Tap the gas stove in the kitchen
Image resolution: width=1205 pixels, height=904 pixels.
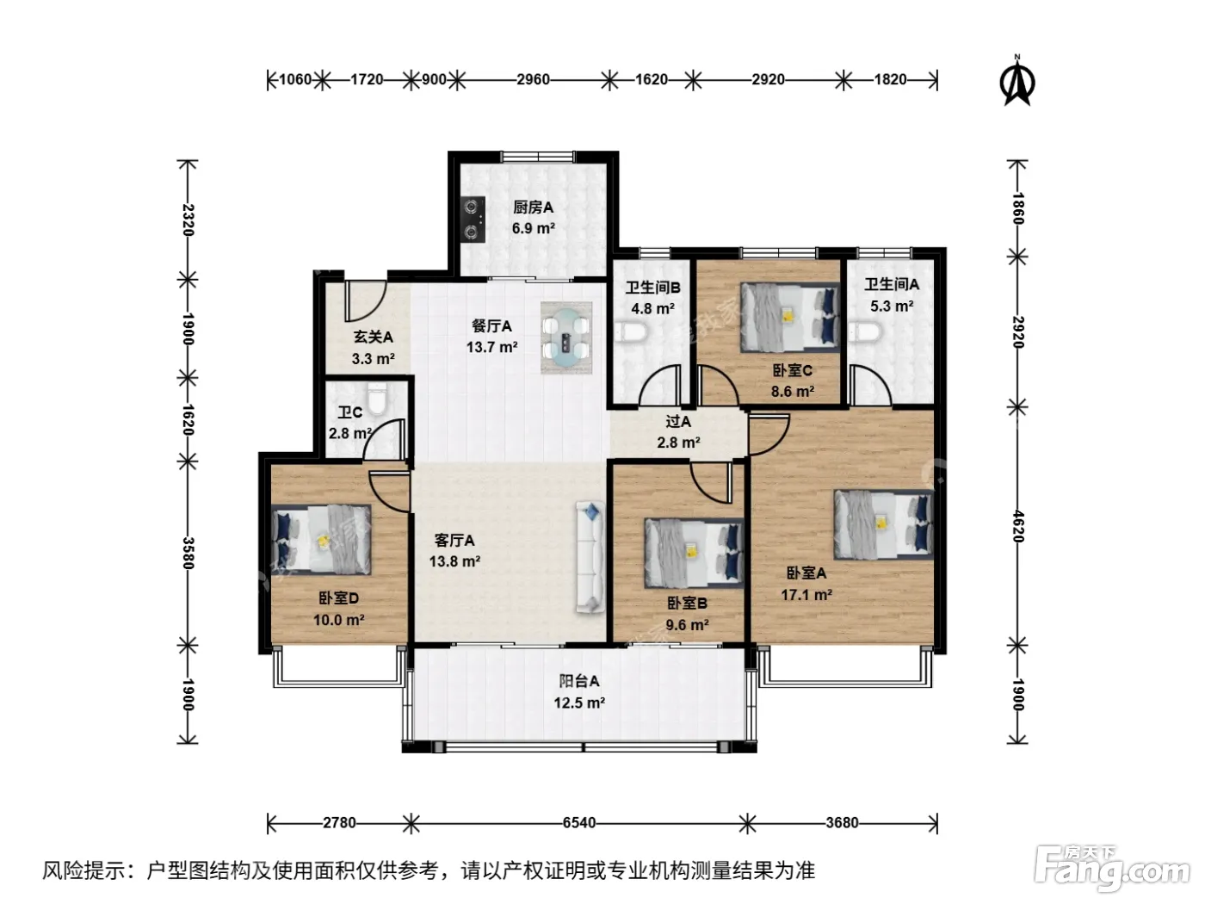pyautogui.click(x=473, y=220)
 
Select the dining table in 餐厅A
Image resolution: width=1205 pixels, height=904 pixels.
pyautogui.click(x=566, y=337)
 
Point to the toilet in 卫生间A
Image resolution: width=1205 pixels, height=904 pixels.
pyautogui.click(x=865, y=331)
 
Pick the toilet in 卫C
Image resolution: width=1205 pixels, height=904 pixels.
pyautogui.click(x=378, y=399)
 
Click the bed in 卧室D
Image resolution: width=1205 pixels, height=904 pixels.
pyautogui.click(x=321, y=540)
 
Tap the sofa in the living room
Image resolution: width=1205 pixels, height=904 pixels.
pyautogui.click(x=590, y=556)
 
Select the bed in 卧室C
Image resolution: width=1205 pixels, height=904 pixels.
pyautogui.click(x=790, y=317)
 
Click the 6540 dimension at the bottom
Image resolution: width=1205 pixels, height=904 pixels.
pyautogui.click(x=578, y=823)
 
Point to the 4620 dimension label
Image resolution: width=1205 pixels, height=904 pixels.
pyautogui.click(x=1017, y=526)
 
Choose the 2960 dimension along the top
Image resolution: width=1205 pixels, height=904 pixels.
pyautogui.click(x=533, y=79)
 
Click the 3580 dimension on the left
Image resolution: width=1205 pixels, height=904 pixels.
pyautogui.click(x=188, y=554)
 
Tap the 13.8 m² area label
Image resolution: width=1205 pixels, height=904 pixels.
pyautogui.click(x=454, y=561)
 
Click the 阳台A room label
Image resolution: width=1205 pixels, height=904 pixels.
pyautogui.click(x=578, y=681)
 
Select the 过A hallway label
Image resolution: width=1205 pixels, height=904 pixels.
pyautogui.click(x=678, y=422)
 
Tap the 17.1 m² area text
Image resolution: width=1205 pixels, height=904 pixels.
pyautogui.click(x=806, y=595)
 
